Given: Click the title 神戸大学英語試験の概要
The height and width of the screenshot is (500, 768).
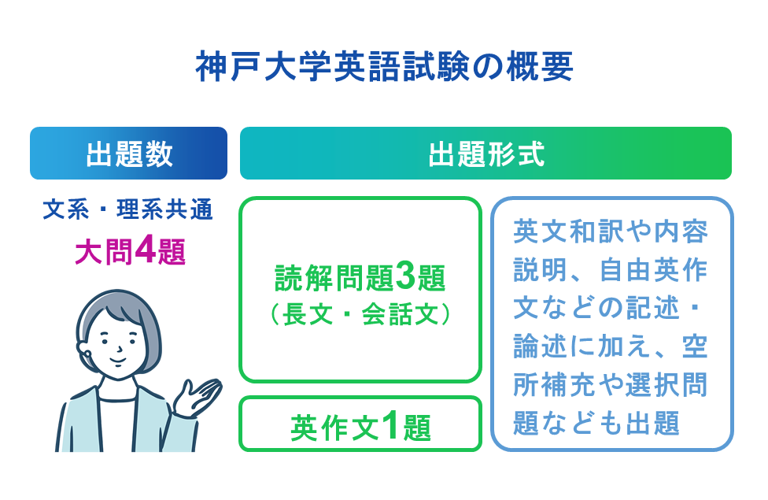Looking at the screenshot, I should point(383,68).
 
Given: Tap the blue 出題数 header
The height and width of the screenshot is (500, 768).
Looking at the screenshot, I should point(128,154).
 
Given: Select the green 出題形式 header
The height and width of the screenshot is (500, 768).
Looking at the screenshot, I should point(486,154).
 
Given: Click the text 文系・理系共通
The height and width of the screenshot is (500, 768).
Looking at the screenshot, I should point(128,211).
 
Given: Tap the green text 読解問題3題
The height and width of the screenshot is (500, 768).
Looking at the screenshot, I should point(360,278).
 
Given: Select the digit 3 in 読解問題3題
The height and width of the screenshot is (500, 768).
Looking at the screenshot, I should point(405,278).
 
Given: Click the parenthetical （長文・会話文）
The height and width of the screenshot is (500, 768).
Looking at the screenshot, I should point(360,314).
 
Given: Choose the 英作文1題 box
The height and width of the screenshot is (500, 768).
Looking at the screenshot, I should point(360,425).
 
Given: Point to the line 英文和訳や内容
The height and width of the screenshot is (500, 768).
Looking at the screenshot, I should point(611,231).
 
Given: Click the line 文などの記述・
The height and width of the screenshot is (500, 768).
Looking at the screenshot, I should point(611,308).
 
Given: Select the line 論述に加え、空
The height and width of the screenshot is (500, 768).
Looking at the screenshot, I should point(611,346).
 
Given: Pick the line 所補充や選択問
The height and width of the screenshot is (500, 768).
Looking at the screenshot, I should point(611,385).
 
